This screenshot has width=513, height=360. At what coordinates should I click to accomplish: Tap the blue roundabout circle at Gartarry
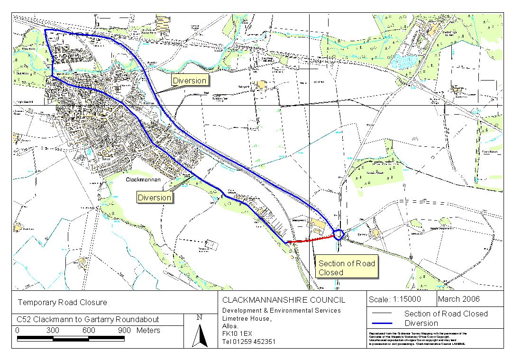pos(338,234)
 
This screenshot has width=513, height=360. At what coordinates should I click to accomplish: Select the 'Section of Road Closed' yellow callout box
pos(347,268)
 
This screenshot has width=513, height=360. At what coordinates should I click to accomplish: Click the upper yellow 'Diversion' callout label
pos(189,81)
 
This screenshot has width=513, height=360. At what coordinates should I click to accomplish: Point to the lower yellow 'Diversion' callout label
pos(154,198)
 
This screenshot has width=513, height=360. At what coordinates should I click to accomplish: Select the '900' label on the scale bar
pos(124,331)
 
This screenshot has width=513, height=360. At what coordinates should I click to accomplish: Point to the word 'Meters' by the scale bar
pos(148,331)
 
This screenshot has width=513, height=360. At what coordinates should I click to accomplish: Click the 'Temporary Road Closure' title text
pos(63,302)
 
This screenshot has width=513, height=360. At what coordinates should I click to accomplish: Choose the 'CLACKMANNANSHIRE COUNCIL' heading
pos(284,300)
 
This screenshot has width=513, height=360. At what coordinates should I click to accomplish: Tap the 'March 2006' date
pos(458,299)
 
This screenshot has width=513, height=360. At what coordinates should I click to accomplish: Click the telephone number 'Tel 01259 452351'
pos(249,341)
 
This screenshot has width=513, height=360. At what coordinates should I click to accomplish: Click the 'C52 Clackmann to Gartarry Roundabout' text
pos(88,319)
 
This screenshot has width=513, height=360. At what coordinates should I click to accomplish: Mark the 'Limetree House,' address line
pos(247,318)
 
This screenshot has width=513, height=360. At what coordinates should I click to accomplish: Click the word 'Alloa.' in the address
pos(230,326)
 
